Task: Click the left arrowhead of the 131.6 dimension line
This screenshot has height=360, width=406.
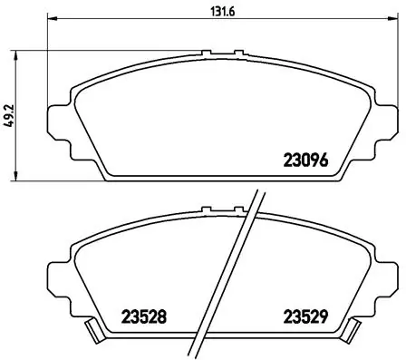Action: coord(51,20)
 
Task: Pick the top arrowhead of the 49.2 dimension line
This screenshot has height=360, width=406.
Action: coord(21,57)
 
